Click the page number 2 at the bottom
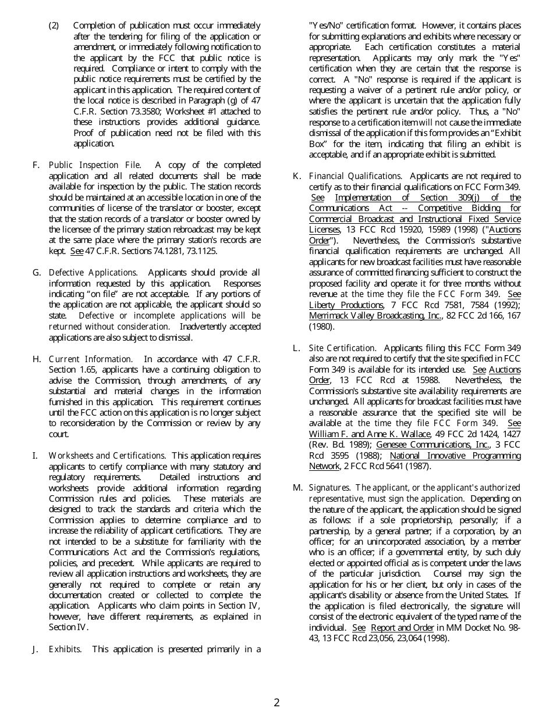click(x=276, y=703)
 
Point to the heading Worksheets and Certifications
click(x=107, y=456)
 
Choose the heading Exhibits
click(x=65, y=649)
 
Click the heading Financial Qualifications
click(x=355, y=176)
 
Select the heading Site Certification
click(x=342, y=348)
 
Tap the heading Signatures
click(x=329, y=488)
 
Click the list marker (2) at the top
click(x=54, y=26)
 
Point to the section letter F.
click(x=36, y=165)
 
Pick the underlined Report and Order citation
click(x=402, y=628)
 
